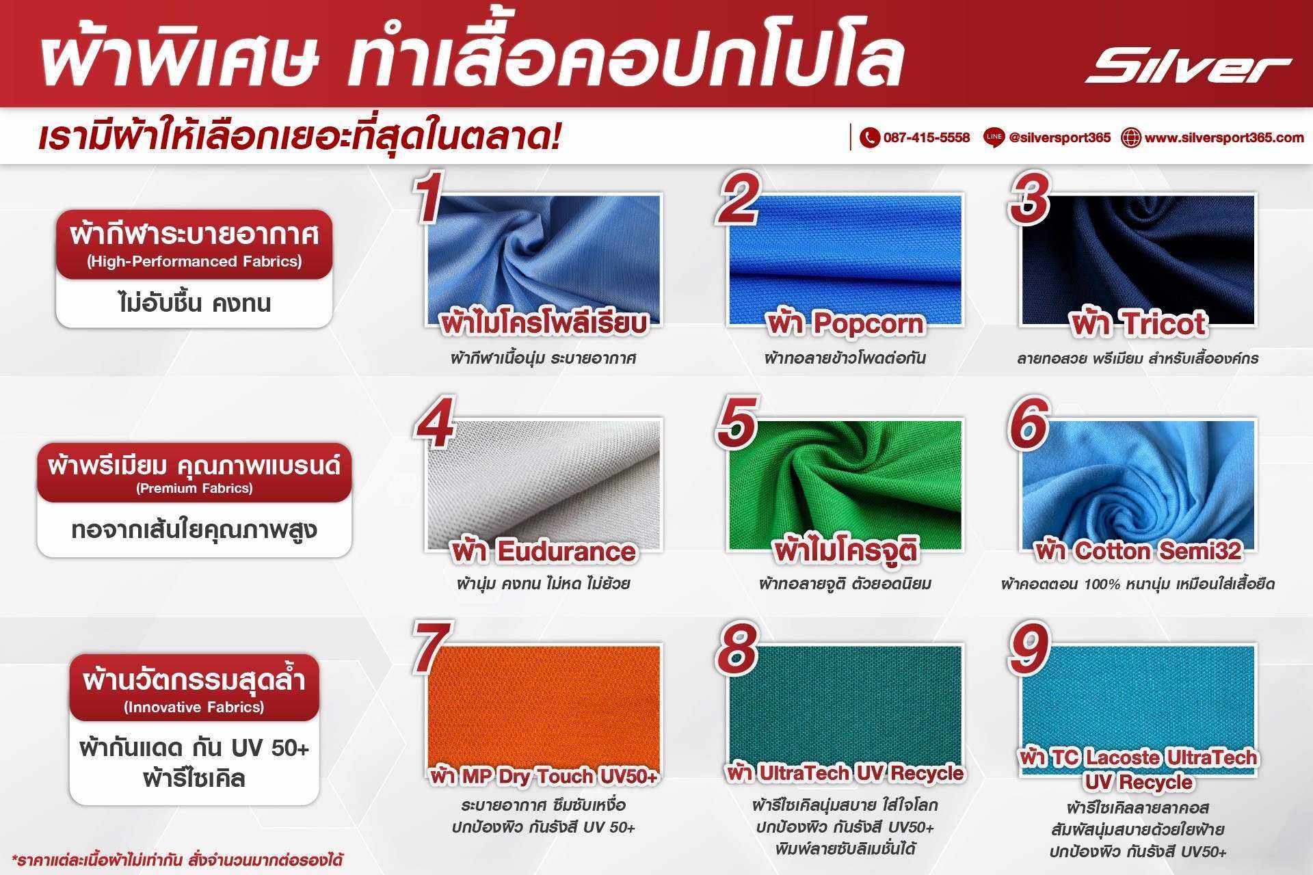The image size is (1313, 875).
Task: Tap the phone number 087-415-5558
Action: [x=927, y=137]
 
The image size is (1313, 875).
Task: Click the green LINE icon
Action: [x=994, y=137]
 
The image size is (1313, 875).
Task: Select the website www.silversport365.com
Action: [x=1224, y=137]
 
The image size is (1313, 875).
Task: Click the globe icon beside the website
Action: [x=1131, y=137]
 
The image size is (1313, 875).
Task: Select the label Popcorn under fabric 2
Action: [x=867, y=323]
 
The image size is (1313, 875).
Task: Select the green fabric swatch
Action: [x=845, y=485]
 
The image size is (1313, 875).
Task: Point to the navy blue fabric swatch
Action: [x=1138, y=260]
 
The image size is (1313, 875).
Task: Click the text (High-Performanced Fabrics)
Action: [x=194, y=261]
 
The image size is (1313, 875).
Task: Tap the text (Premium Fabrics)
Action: [x=194, y=488]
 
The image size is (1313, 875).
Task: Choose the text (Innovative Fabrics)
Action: [x=194, y=707]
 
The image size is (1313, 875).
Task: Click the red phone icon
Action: [x=869, y=137]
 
